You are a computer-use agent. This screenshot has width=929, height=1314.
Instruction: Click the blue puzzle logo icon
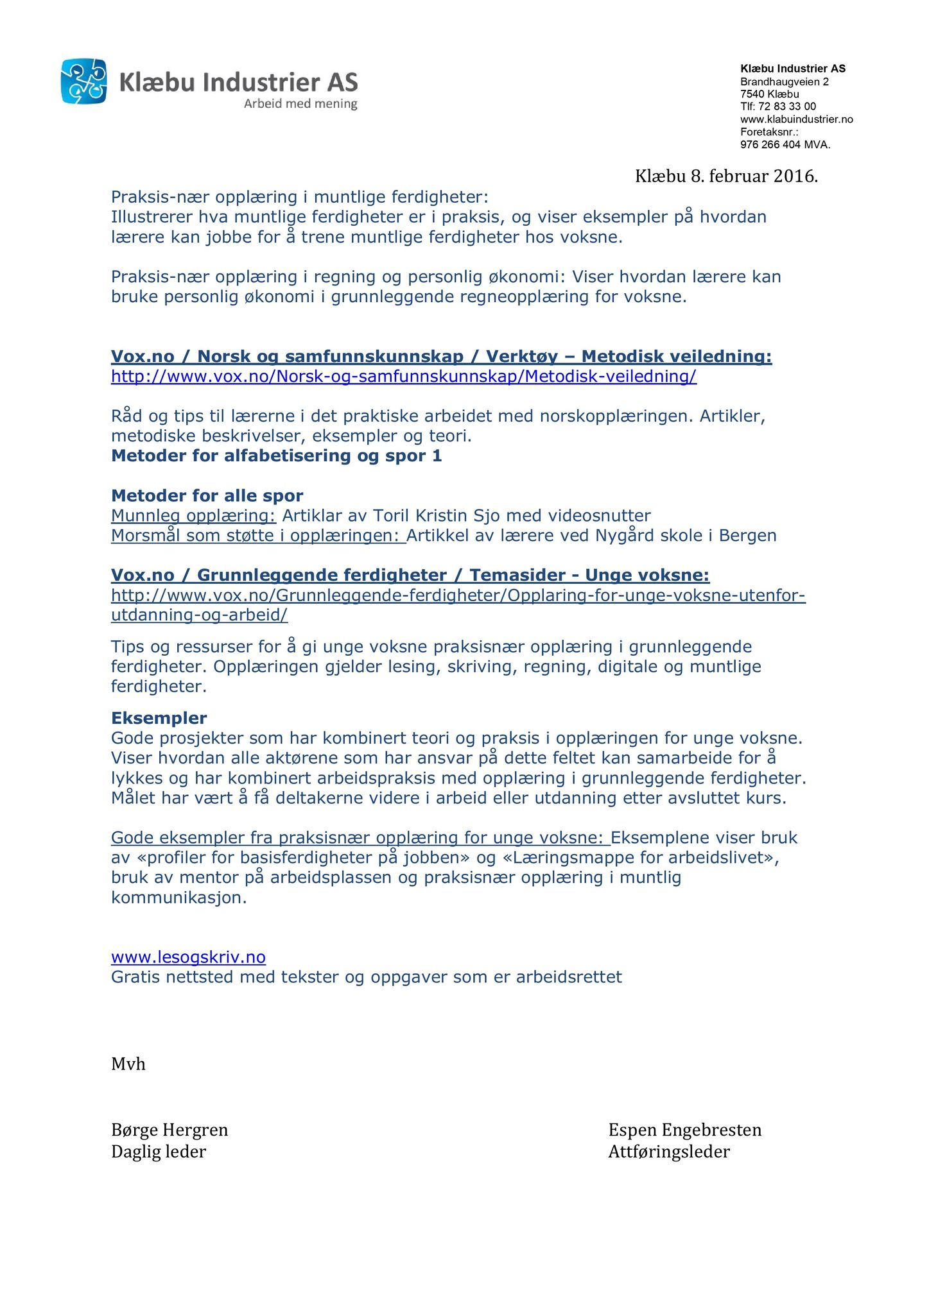pos(83,81)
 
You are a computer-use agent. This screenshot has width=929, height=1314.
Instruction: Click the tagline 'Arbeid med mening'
pos(300,104)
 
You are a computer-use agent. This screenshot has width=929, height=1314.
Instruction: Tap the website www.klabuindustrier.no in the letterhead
pos(796,119)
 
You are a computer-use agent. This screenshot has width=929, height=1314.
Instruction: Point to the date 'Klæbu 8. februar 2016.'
pos(726,176)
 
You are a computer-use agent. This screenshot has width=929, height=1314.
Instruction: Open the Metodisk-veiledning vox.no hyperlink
pos(403,377)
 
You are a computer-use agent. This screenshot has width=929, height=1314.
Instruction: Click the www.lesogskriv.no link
pos(188,957)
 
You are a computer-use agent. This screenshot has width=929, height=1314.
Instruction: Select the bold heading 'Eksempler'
pos(159,718)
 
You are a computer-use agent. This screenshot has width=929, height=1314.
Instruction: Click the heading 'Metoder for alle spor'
pos(207,495)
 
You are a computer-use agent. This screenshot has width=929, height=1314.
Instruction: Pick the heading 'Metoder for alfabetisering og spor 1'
pos(276,456)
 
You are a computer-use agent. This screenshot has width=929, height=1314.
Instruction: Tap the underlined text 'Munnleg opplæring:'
pos(193,516)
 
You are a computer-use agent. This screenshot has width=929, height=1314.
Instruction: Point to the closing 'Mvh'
pos(128,1064)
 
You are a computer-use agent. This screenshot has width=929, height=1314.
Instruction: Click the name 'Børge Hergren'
pos(169,1130)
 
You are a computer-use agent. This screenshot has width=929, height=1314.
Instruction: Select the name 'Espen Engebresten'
pos(684,1130)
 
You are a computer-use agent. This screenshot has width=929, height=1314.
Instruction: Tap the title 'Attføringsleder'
pos(668,1152)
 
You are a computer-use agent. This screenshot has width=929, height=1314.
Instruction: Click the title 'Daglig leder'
pos(159,1152)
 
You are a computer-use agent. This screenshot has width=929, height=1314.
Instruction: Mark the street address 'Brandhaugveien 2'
pos(784,81)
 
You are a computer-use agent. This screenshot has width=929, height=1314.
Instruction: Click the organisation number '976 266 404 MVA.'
pos(785,145)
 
